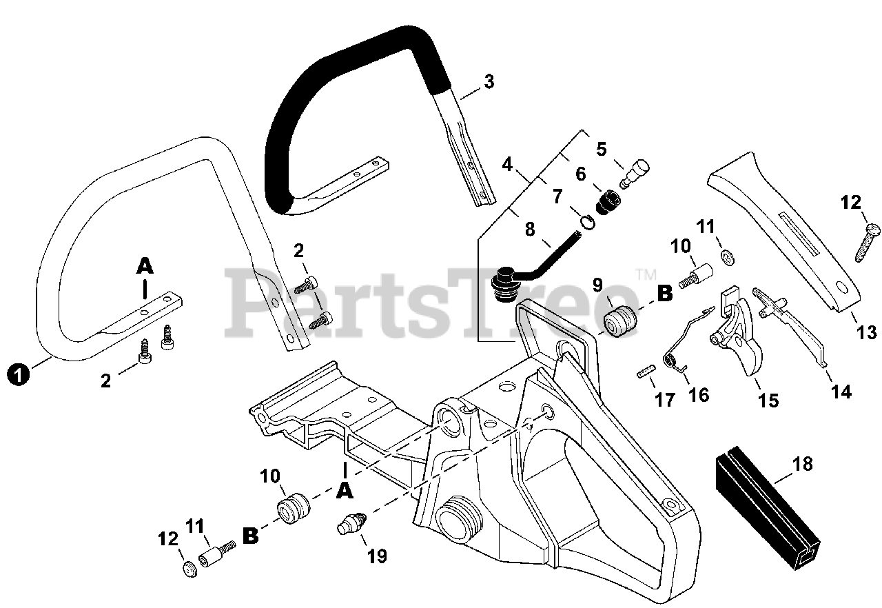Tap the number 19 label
tap(376, 556)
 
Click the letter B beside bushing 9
tap(664, 294)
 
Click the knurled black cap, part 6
tap(608, 203)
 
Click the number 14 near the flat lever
tap(841, 392)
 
